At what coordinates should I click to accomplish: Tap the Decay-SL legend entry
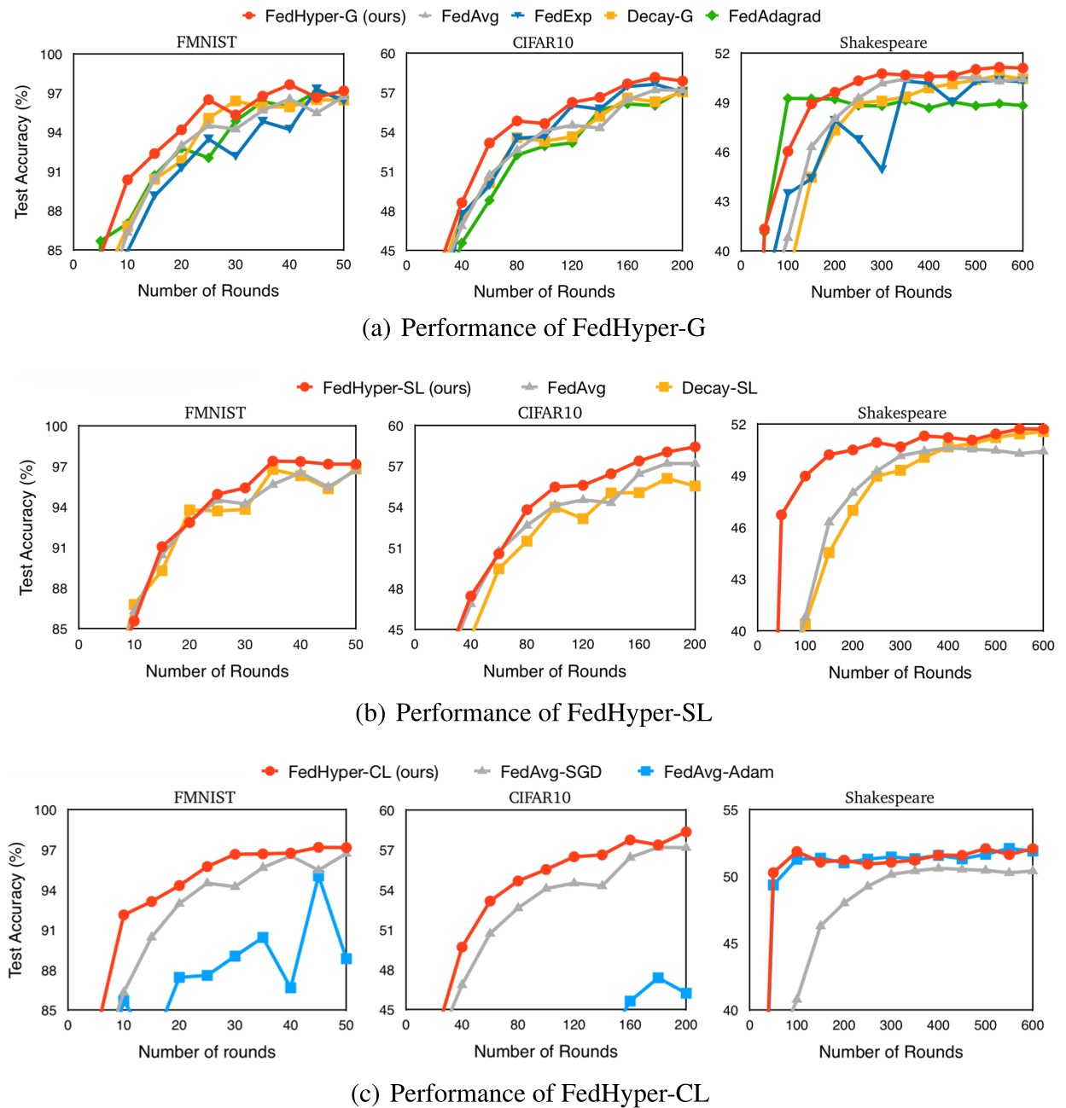718,388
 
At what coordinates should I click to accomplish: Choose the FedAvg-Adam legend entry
718,772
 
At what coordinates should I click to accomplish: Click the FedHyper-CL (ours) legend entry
362,772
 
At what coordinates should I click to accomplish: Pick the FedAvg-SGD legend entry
550,772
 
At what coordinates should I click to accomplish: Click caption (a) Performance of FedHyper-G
533,328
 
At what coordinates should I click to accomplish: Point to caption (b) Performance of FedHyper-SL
533,713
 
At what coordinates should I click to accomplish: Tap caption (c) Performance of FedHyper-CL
530,1093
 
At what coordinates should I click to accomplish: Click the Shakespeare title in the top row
883,43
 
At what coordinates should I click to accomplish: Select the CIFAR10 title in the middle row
550,413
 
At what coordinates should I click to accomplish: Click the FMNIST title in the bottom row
204,798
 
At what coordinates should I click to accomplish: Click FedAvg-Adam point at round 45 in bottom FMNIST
318,877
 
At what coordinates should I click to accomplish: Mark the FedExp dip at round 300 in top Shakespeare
882,169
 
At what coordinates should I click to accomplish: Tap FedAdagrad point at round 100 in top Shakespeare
788,98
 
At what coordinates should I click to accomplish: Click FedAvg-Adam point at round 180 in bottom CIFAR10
658,977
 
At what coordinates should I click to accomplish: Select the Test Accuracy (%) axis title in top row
22,152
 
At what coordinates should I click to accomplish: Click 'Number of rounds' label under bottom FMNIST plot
207,1052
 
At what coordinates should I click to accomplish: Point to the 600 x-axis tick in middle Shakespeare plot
1043,646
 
